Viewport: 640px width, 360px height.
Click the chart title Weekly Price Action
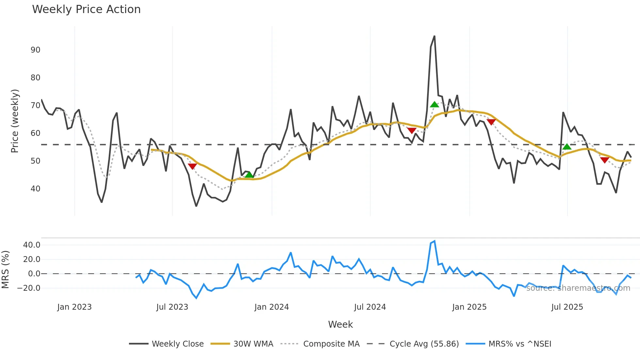pos(86,9)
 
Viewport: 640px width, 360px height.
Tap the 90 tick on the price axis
pos(35,50)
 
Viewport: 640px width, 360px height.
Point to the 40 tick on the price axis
pos(35,189)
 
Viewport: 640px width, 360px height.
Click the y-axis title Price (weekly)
pos(15,121)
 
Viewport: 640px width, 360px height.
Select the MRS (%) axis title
pos(5,270)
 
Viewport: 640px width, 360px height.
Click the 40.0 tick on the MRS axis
pos(32,245)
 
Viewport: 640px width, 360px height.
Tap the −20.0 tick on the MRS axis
pos(29,288)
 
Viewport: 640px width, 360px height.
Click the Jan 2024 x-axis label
pos(271,307)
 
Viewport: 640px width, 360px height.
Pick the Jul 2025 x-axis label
pos(567,307)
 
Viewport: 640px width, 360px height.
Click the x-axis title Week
pos(340,324)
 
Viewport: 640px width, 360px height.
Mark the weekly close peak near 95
pos(434,36)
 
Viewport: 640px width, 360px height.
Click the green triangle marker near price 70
pos(434,105)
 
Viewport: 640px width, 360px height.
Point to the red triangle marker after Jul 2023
pos(192,166)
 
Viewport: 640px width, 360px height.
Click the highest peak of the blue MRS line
pos(434,241)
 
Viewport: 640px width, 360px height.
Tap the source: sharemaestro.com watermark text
pos(578,288)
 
